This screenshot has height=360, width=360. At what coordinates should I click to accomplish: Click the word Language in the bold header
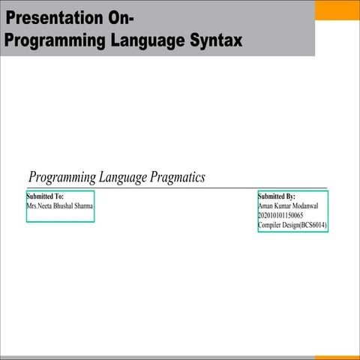[143, 40]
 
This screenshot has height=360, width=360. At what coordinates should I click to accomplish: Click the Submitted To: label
[45, 196]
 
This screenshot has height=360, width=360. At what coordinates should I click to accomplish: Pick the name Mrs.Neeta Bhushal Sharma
[60, 205]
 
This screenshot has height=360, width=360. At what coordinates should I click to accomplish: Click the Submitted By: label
[277, 196]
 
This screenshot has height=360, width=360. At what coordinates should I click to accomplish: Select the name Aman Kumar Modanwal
[289, 205]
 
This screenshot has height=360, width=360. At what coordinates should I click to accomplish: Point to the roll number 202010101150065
[280, 215]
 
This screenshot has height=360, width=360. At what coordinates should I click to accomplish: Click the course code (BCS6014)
[313, 225]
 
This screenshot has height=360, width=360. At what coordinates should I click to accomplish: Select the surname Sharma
[83, 205]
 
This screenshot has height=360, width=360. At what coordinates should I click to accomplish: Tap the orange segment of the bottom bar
[337, 357]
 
